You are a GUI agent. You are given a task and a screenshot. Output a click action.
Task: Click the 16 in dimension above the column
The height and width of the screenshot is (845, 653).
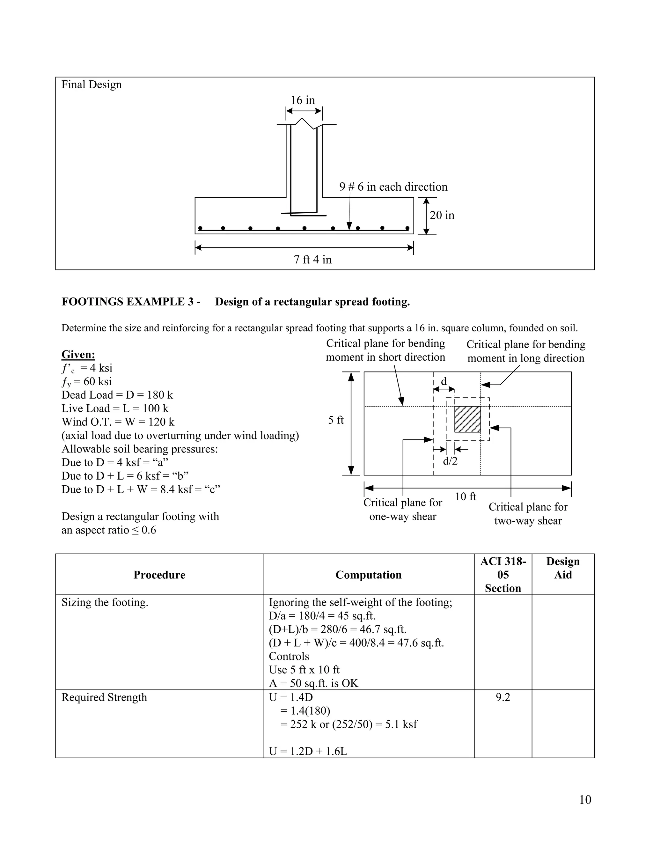tap(303, 100)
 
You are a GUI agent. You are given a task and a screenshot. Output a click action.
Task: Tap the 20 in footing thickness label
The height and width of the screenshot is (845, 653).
tap(442, 215)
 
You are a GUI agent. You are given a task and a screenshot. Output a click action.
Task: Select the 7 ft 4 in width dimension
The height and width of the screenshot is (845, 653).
tap(312, 259)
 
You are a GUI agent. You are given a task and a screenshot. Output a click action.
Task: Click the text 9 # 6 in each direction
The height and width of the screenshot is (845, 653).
tap(393, 187)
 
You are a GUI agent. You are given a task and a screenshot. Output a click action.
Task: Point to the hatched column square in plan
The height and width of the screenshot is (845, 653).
tap(467, 419)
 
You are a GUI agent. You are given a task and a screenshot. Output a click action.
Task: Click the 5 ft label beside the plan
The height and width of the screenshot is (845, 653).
tap(336, 420)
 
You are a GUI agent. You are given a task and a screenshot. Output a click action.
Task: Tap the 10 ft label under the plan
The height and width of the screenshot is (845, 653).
tap(466, 496)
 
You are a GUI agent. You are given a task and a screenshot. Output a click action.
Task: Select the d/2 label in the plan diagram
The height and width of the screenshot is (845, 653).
tap(450, 461)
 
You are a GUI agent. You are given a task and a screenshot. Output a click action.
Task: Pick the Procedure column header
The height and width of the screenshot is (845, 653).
tap(159, 575)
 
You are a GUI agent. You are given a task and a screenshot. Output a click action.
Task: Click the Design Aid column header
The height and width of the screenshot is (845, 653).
tap(562, 568)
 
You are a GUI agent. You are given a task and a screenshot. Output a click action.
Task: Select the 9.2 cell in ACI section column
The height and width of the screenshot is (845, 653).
tap(503, 697)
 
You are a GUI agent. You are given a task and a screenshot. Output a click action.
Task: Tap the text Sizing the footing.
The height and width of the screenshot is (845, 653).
tap(105, 602)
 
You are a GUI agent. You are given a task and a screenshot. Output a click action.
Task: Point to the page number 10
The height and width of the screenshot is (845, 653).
tap(585, 799)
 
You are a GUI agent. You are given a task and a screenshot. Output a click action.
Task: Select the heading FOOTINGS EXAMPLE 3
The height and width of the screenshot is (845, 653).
tap(131, 302)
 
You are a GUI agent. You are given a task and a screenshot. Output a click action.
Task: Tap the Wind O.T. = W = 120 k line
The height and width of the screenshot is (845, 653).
tap(118, 422)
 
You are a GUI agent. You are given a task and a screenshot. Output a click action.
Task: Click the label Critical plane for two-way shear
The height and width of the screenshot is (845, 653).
tap(528, 514)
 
